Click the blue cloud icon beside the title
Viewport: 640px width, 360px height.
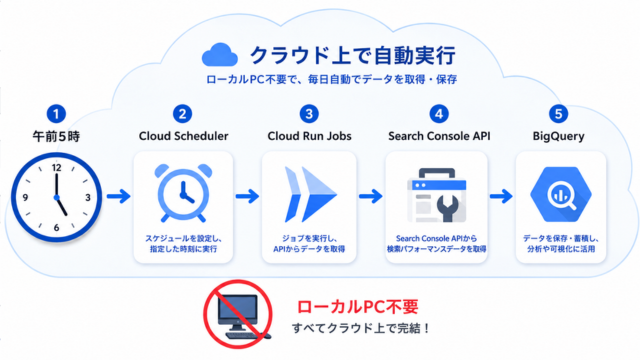pos(220,55)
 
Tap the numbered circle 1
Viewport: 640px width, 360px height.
pos(56,114)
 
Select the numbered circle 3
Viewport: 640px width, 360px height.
pos(309,114)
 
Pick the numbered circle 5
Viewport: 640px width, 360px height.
pos(558,114)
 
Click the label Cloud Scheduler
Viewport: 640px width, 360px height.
pos(183,136)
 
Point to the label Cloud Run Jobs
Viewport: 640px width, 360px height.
pos(309,136)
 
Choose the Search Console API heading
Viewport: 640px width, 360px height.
pos(439,136)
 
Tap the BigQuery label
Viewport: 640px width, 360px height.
pos(558,136)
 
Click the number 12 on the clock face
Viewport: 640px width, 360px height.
pos(56,167)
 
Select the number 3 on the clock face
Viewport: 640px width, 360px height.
pos(88,198)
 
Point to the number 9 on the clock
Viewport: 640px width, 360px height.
pos(25,198)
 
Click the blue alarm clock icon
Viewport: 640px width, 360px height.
pos(183,193)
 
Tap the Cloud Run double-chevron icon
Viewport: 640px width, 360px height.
pos(310,195)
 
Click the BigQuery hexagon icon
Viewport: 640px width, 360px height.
pos(561,194)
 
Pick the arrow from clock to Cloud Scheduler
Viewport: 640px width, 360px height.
pos(118,196)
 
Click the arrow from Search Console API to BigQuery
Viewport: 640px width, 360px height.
pos(501,196)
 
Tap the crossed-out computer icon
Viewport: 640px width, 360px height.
pos(238,314)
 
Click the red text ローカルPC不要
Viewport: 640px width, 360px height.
pos(358,307)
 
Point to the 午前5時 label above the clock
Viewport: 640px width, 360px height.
pos(56,136)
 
